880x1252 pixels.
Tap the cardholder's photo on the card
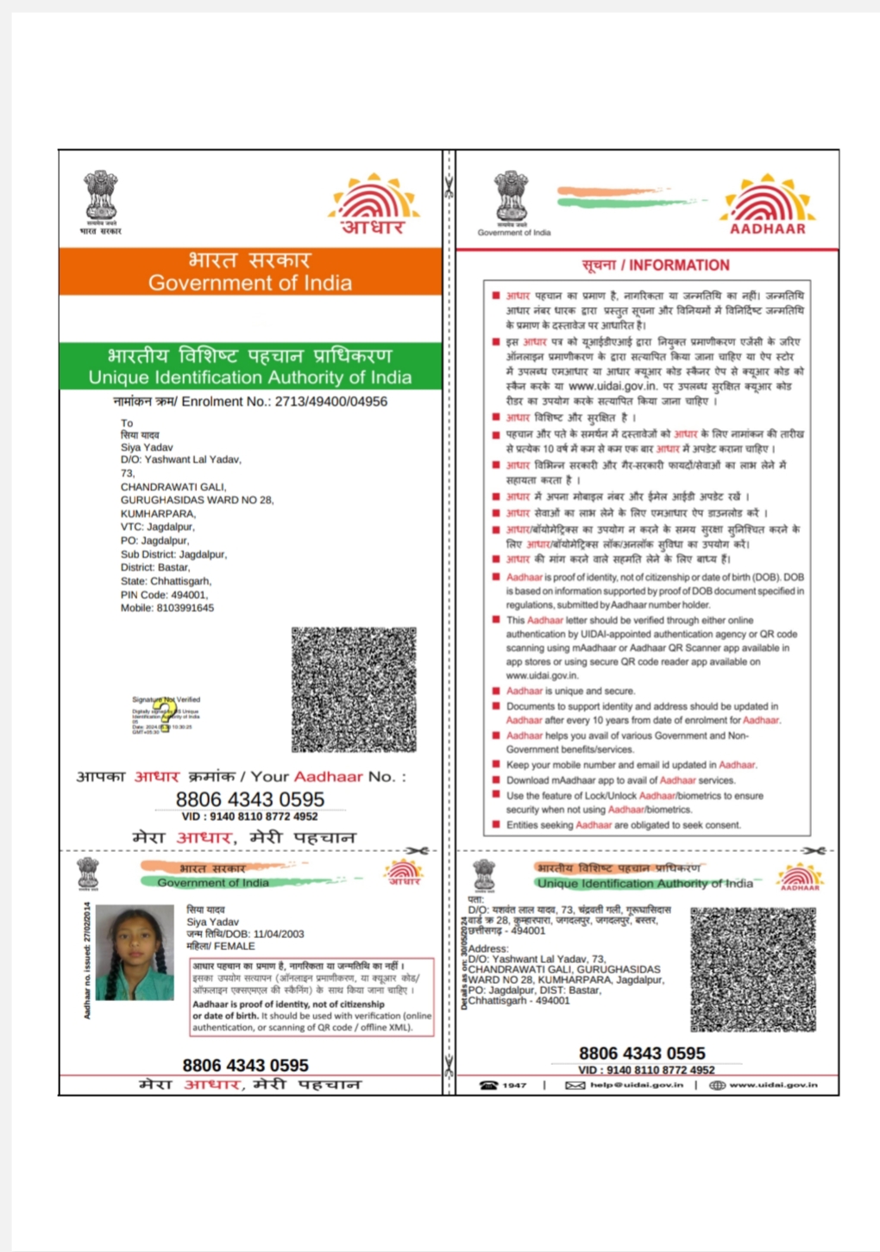135,952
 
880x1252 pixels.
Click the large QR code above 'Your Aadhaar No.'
354,689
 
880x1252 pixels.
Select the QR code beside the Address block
752,969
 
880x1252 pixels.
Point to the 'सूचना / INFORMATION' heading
656,266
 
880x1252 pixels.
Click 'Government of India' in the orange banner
250,283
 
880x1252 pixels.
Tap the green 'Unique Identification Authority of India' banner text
250,378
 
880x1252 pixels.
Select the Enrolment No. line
250,402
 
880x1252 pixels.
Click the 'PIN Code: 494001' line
164,595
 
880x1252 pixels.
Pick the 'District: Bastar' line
155,567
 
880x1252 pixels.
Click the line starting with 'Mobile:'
167,608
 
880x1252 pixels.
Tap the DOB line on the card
245,934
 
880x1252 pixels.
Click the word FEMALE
235,946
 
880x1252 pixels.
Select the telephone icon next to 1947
489,1085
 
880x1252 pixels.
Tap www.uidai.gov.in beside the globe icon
773,1085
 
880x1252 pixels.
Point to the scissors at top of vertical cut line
449,185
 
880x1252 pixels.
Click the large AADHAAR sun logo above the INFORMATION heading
767,204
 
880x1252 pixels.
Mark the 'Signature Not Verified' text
167,699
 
